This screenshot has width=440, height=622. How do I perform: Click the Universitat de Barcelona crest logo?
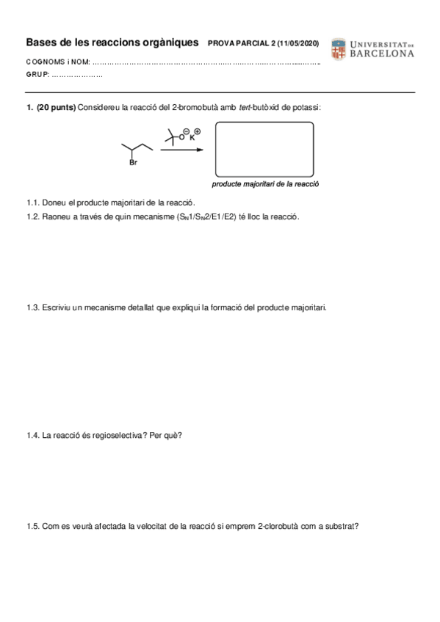click(338, 48)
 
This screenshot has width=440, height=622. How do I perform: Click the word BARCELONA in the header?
click(382, 54)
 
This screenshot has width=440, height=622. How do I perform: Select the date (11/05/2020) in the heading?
click(297, 44)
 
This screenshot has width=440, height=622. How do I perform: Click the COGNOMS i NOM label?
click(57, 62)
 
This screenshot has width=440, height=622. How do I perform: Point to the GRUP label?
click(37, 76)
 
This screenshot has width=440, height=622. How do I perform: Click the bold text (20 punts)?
click(56, 108)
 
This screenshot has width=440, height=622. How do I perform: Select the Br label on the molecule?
click(133, 163)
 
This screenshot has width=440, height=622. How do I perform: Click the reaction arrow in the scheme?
click(181, 150)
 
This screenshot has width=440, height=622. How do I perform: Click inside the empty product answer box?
click(264, 148)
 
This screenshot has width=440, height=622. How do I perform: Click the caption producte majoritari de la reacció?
click(265, 185)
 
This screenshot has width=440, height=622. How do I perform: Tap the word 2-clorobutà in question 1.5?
click(284, 526)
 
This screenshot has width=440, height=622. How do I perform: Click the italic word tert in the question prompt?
click(247, 108)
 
